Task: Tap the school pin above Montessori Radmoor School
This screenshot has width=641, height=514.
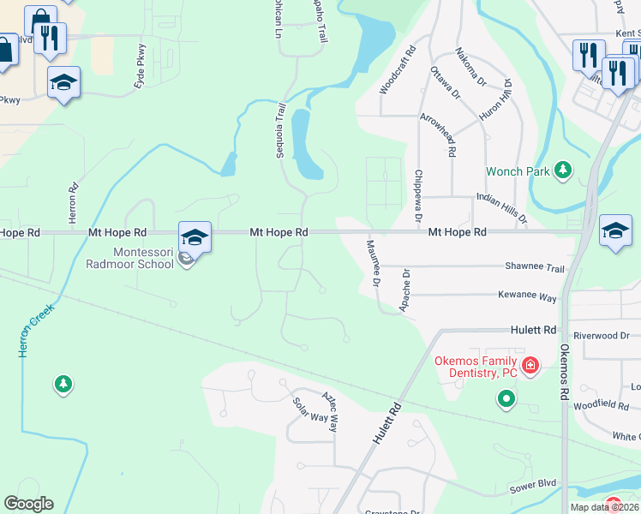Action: pyautogui.click(x=195, y=236)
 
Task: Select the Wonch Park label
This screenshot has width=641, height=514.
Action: pyautogui.click(x=518, y=171)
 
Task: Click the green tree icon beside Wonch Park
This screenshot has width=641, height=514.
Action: pyautogui.click(x=563, y=170)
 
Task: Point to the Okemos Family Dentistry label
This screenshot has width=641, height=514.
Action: pyautogui.click(x=476, y=367)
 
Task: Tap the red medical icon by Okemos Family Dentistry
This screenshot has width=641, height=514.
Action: pyautogui.click(x=530, y=366)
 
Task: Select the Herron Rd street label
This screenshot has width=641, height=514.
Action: pyautogui.click(x=74, y=199)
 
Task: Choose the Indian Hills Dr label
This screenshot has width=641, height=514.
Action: pyautogui.click(x=500, y=208)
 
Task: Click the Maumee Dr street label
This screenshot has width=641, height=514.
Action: pyautogui.click(x=374, y=263)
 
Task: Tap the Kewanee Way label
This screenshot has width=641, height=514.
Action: pyautogui.click(x=528, y=296)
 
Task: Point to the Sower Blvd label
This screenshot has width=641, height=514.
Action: pyautogui.click(x=533, y=486)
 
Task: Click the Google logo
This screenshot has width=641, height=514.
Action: pyautogui.click(x=29, y=504)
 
